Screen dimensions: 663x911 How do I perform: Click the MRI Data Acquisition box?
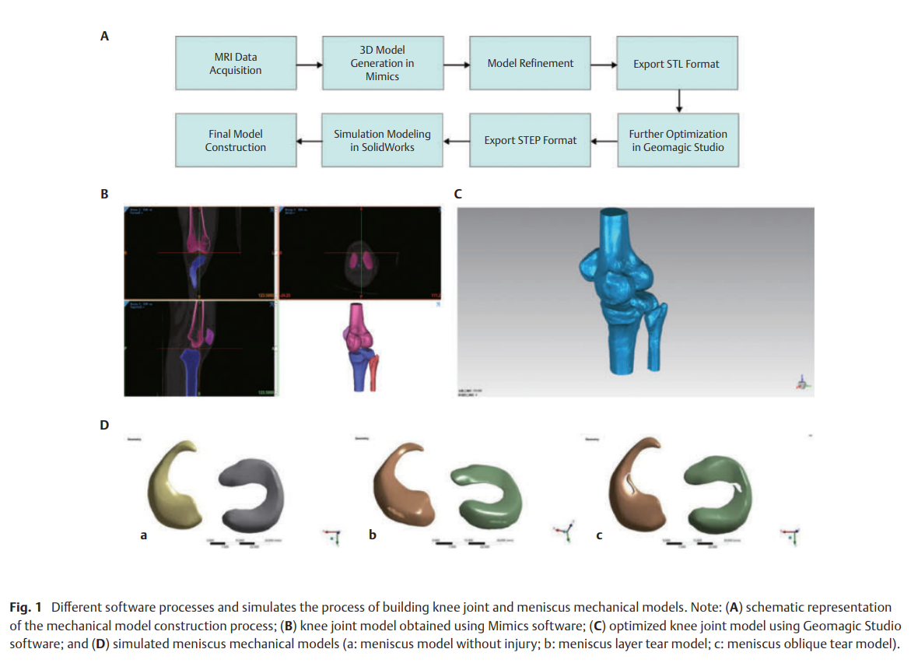[x=235, y=63]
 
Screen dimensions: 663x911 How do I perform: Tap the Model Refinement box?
[x=530, y=63]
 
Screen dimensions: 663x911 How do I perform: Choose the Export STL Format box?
[x=676, y=63]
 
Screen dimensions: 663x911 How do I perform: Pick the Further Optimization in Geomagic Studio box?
[x=678, y=140]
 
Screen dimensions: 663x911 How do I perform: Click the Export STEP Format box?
[x=530, y=140]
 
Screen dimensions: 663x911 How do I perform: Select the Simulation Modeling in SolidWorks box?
[x=382, y=140]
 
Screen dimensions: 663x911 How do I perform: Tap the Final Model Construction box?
[x=235, y=140]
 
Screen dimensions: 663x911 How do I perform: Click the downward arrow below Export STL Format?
[x=678, y=102]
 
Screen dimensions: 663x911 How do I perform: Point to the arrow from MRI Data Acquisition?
[x=309, y=65]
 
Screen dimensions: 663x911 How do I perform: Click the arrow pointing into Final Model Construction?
[x=309, y=141]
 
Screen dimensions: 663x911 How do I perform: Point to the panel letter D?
[x=104, y=425]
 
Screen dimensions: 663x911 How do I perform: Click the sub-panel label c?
[x=598, y=535]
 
